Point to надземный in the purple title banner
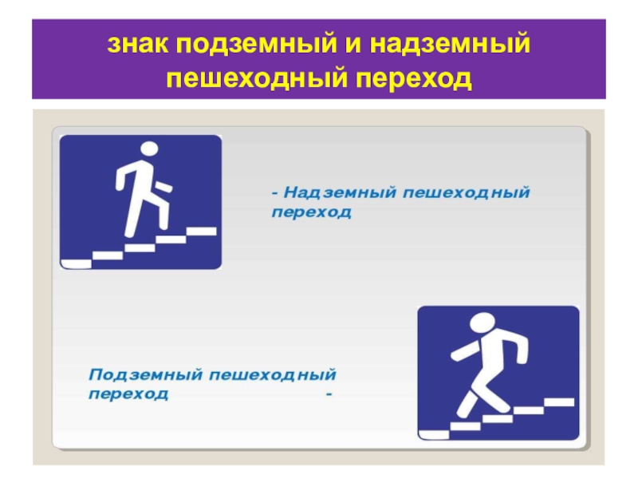pos(450,46)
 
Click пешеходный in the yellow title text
pos(257,78)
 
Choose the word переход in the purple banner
pos(414,80)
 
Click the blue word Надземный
pos(341,192)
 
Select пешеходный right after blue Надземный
pos(467,193)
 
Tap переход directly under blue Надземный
pos(311,212)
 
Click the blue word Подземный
pos(145,374)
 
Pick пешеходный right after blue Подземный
pos(273,374)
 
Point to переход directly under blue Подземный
pos(128,394)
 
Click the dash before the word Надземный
pos(275,192)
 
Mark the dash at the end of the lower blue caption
pos(329,394)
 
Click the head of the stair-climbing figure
pos(149,148)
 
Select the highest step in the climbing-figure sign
pos(202,232)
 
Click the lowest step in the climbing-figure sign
pos(76,264)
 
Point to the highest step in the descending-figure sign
pos(559,402)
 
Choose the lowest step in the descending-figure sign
pos(434,434)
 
